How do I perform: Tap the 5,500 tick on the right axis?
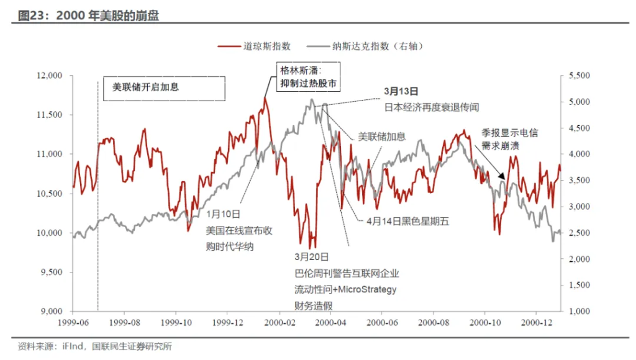click(x=578, y=76)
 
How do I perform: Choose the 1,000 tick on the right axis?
click(x=578, y=311)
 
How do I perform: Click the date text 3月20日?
click(x=312, y=256)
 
